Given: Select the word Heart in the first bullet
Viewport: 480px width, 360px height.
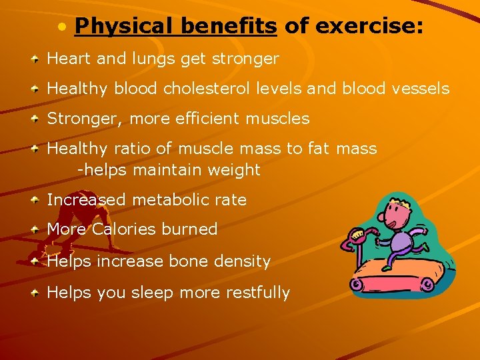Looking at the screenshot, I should pyautogui.click(x=69, y=59).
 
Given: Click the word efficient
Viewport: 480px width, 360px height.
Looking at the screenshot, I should pyautogui.click(x=205, y=119).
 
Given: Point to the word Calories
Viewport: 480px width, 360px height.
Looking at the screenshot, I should pyautogui.click(x=123, y=229).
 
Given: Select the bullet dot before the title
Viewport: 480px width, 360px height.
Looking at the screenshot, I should pyautogui.click(x=62, y=27).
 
